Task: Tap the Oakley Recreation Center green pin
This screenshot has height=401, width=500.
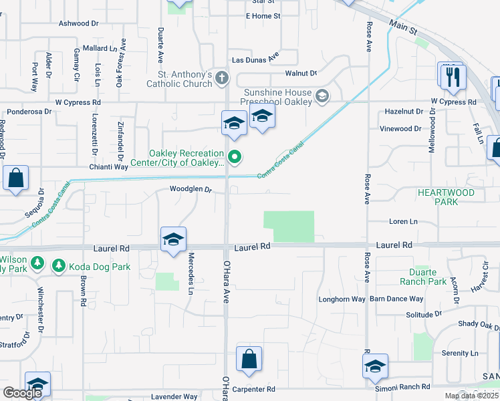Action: [x=235, y=158]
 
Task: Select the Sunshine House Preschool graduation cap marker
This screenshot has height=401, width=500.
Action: [x=323, y=97]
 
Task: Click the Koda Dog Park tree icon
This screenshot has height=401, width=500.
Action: [x=58, y=267]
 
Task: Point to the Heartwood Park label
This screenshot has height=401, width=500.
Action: [x=446, y=197]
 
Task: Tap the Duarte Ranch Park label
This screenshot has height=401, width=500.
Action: [x=428, y=277]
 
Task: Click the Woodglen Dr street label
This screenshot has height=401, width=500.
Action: [x=191, y=189]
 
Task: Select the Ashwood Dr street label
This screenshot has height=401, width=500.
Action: [x=79, y=23]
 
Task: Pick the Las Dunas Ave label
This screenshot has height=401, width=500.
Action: [x=255, y=59]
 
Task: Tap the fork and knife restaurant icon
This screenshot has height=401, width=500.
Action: [x=453, y=78]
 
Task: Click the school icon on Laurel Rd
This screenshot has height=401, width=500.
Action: [x=173, y=240]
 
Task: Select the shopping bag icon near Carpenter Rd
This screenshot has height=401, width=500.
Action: [x=249, y=359]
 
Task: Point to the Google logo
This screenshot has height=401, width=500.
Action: [x=23, y=393]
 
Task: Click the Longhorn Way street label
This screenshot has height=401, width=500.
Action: [x=342, y=299]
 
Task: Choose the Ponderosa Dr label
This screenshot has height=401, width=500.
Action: [x=27, y=112]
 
